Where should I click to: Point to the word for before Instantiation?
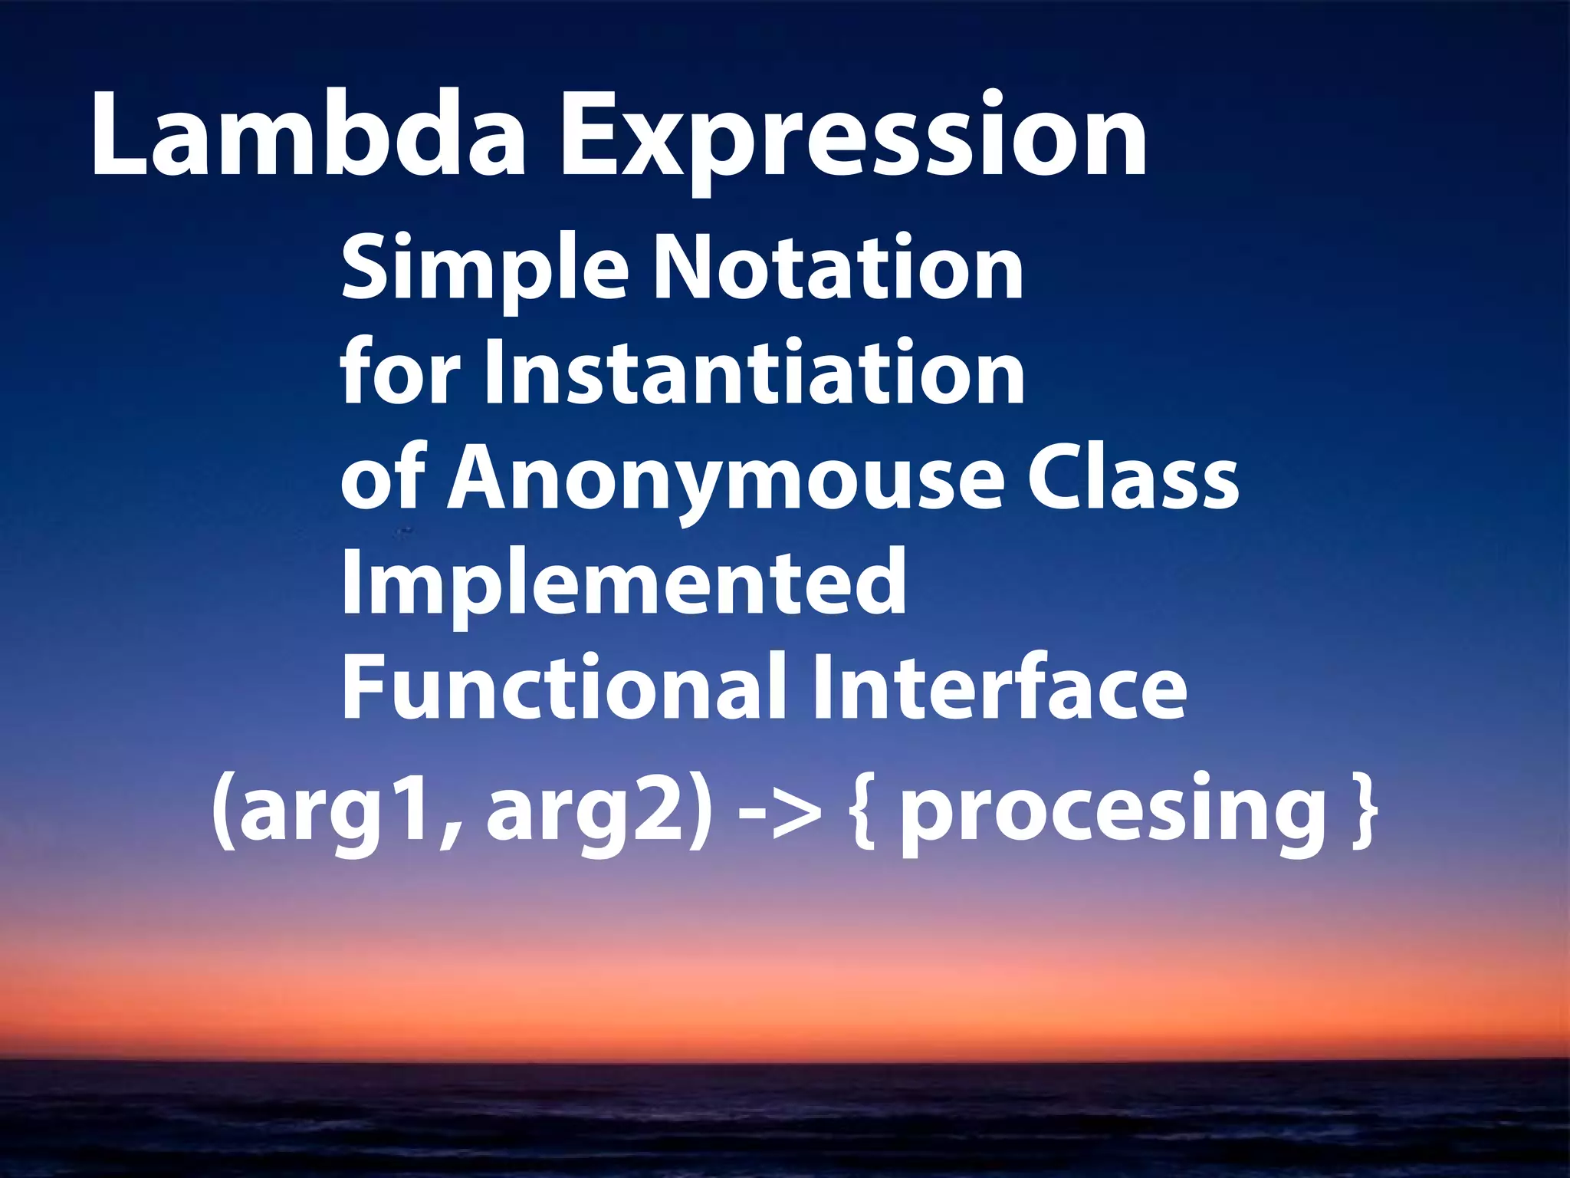(399, 373)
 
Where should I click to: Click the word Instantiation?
(754, 373)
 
